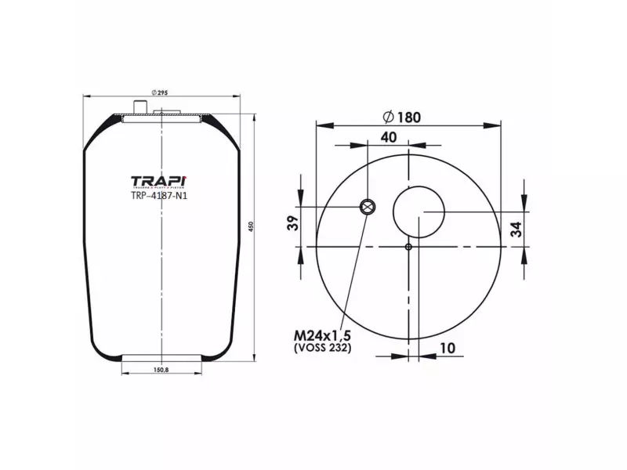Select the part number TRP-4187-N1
point(160,197)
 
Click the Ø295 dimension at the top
point(161,92)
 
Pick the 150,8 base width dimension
point(161,371)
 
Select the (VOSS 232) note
point(322,348)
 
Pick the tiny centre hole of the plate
point(408,247)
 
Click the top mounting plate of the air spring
point(161,117)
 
